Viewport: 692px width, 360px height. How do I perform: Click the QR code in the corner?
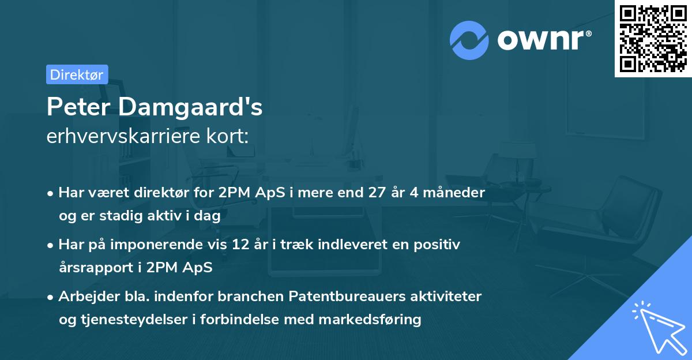click(x=653, y=39)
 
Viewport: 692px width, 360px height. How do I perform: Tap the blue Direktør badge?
click(x=77, y=74)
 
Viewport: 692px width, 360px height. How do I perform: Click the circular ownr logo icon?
click(x=469, y=40)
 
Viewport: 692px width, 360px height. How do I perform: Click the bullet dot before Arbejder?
click(x=51, y=297)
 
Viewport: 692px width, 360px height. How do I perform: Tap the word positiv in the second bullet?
click(x=439, y=245)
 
